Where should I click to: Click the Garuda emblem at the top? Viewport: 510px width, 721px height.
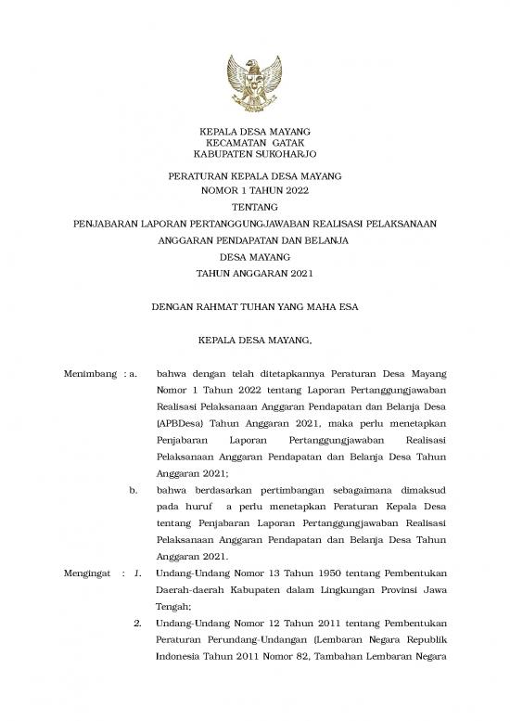(x=254, y=82)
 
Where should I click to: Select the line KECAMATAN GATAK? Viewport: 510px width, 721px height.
(x=255, y=144)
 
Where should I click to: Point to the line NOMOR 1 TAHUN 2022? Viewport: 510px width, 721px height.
(x=255, y=190)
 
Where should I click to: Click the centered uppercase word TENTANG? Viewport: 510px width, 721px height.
(x=255, y=207)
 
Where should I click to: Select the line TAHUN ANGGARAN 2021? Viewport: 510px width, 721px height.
(x=255, y=273)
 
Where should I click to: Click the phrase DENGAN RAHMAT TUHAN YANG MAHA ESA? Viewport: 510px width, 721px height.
(x=255, y=306)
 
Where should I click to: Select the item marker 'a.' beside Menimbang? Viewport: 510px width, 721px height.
(x=134, y=374)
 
